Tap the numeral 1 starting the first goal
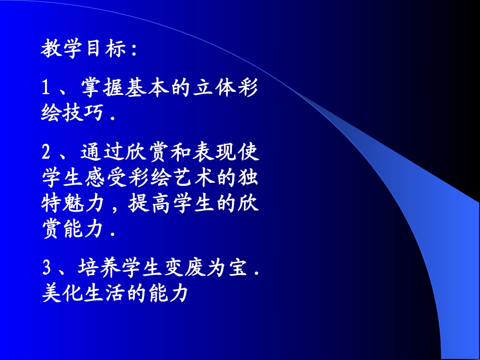(45, 89)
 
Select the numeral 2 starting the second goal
(45, 151)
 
